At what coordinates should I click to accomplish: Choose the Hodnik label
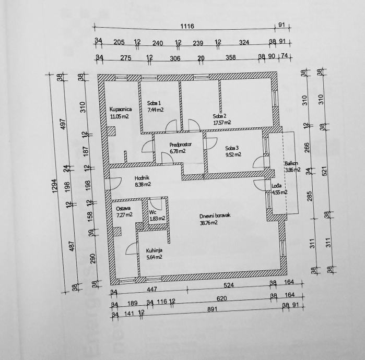tap(142, 177)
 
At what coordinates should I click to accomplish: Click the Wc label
tap(153, 212)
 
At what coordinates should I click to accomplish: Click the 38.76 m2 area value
tap(209, 223)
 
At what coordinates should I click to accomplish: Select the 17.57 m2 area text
tap(222, 123)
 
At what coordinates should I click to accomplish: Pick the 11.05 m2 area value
tap(119, 116)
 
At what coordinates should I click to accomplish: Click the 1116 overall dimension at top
tap(186, 26)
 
